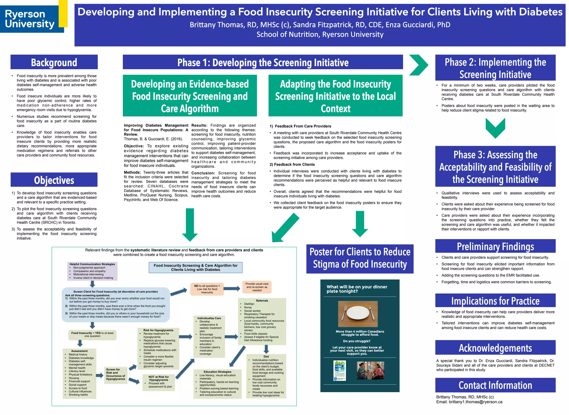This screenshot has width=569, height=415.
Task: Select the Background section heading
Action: (x=54, y=62)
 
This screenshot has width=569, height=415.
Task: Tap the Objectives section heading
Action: (x=54, y=180)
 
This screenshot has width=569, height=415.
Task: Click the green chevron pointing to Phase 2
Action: (x=419, y=65)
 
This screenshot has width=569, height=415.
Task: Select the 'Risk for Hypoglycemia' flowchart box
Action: (x=158, y=349)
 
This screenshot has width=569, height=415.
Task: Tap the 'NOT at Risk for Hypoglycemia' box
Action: (x=158, y=382)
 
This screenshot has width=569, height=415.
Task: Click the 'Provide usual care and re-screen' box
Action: (x=257, y=287)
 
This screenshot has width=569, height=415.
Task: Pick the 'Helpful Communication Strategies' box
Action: (x=92, y=271)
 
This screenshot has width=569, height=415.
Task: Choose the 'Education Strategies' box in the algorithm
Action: (x=217, y=384)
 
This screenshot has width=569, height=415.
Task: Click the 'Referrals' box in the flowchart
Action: (x=262, y=321)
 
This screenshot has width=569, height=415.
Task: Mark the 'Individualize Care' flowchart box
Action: (x=209, y=336)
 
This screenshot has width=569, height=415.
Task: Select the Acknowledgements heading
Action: (x=495, y=348)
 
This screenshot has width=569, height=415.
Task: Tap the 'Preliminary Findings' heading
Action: (x=495, y=246)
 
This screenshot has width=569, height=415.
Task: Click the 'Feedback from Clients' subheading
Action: (x=292, y=164)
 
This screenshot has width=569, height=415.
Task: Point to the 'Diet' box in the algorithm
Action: (x=266, y=376)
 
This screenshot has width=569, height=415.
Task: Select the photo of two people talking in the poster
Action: (x=370, y=371)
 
